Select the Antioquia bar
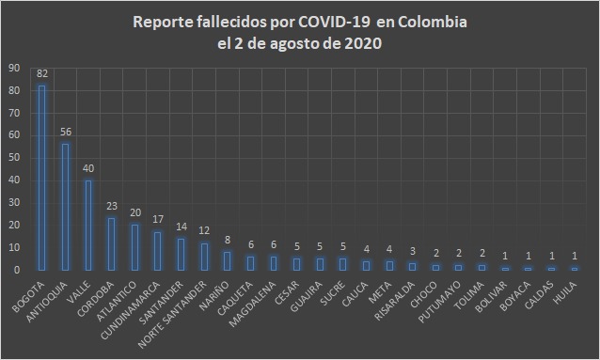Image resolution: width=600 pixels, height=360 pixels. tap(65, 207)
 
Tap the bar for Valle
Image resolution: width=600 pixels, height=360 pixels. tap(88, 225)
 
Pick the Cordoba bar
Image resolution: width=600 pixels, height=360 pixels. tap(112, 243)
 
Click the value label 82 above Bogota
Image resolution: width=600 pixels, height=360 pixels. tap(41, 73)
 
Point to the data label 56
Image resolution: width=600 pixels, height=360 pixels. tap(65, 133)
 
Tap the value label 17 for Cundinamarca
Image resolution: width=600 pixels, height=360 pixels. tap(158, 220)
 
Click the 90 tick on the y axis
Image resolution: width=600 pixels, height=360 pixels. tap(12, 69)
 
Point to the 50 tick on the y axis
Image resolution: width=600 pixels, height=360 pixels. tap(12, 158)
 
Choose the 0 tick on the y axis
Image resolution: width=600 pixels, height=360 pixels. tap(15, 270)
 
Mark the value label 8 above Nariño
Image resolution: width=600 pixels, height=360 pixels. tap(228, 241)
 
